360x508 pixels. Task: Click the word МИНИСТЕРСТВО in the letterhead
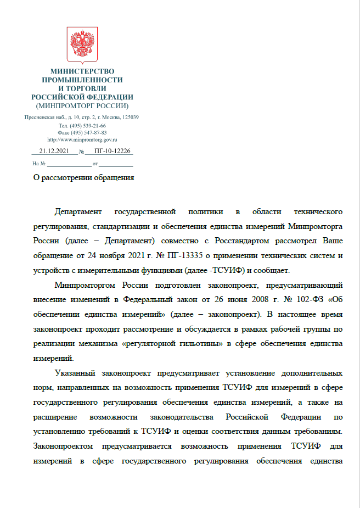(x=82, y=71)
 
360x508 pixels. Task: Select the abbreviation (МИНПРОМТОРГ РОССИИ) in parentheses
(x=82, y=105)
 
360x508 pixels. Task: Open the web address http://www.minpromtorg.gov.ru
(x=82, y=139)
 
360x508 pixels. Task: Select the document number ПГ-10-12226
(x=113, y=151)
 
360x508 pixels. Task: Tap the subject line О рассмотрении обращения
(x=84, y=177)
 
